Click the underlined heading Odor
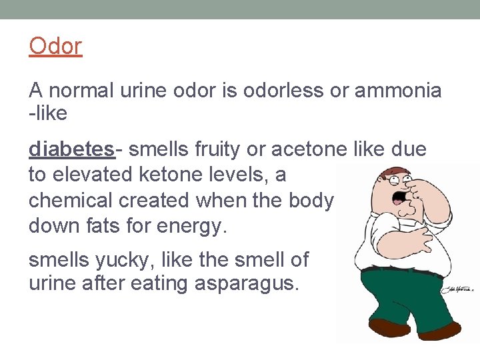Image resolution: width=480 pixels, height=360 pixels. [55, 47]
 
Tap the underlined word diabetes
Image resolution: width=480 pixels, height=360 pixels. [72, 149]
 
